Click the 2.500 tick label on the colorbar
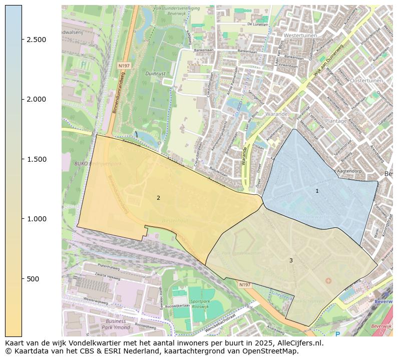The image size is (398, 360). [36, 40]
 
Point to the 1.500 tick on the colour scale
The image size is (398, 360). [36, 159]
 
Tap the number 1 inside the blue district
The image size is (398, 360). [317, 191]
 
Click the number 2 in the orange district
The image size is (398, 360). [158, 198]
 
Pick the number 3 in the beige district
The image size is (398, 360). [291, 260]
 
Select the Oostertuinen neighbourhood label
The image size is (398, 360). [366, 81]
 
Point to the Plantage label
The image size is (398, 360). [336, 121]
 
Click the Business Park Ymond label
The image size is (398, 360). [116, 324]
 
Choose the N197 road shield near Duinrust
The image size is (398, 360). [124, 66]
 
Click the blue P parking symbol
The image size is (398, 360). [337, 333]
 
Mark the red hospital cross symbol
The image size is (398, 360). [328, 281]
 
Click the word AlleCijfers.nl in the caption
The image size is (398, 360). [297, 343]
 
